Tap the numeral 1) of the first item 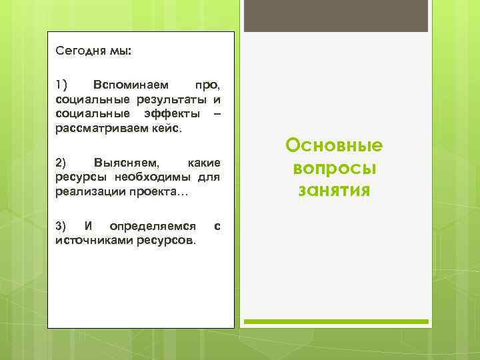tap(62, 85)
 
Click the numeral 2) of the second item tap(61, 163)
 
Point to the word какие tap(205, 163)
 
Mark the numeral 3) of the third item tap(61, 226)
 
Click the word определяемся tap(153, 226)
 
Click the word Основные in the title tap(334, 146)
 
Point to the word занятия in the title tap(334, 191)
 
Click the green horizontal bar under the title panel tap(335, 322)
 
